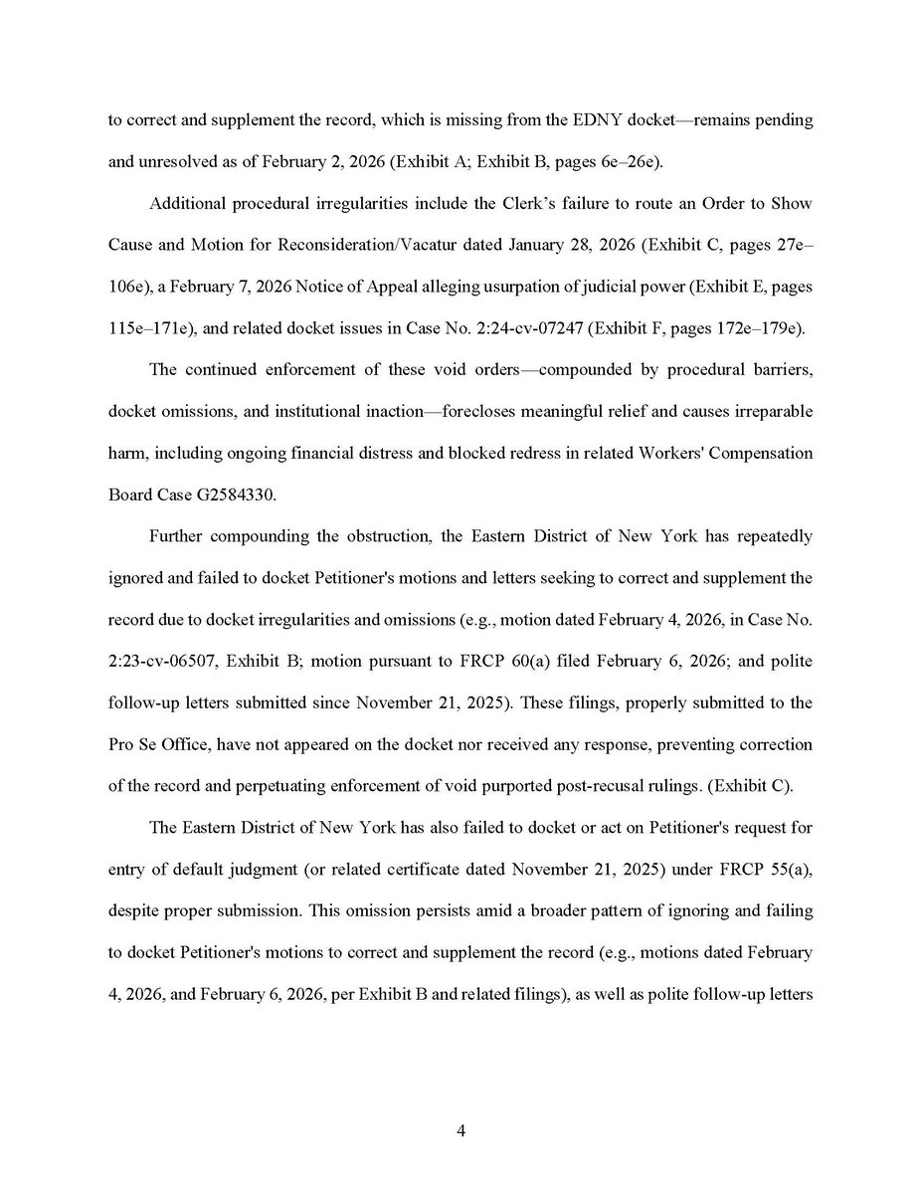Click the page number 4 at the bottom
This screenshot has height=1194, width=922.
461,1131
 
